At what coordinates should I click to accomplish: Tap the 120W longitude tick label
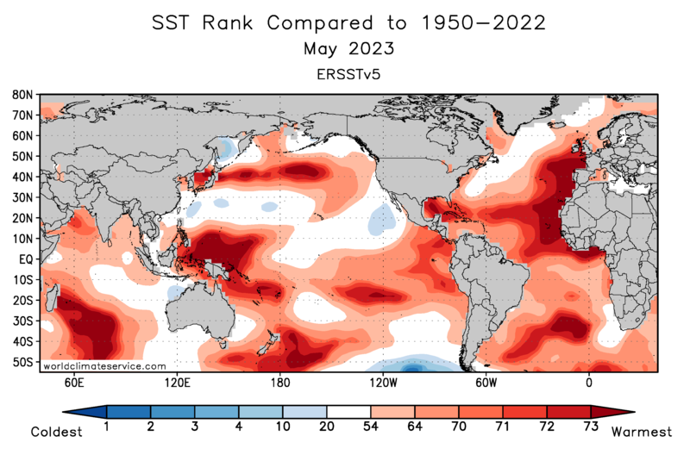(x=382, y=381)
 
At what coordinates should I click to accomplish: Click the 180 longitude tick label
(x=279, y=381)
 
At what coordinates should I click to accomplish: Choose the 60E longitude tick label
(x=73, y=381)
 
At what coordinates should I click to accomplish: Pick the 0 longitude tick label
(x=589, y=381)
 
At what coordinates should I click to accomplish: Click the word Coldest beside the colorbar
(x=57, y=433)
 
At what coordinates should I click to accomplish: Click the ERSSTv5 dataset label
(x=348, y=74)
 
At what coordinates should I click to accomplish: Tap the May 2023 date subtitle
(x=348, y=48)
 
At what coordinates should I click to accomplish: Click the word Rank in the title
(x=229, y=22)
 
